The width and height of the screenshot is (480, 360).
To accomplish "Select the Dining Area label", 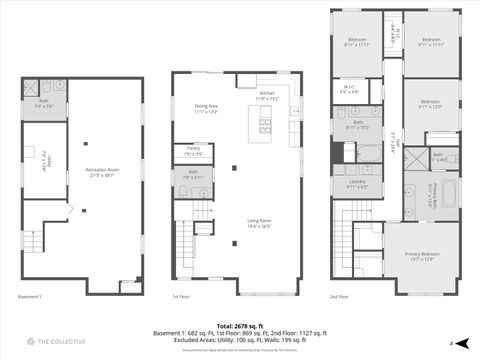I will point(206,109).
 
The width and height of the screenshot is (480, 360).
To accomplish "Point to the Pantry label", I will point(192,153).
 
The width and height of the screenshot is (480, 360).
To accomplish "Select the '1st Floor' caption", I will point(181,297).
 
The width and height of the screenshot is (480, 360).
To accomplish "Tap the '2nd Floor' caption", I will point(341,297).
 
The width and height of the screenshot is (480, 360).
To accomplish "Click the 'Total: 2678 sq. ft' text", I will point(239,325).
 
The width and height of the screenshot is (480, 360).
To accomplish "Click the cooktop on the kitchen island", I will point(265,126).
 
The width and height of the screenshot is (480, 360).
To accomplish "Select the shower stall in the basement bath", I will point(32,87).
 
